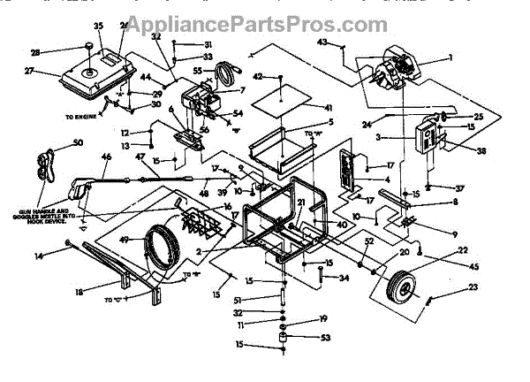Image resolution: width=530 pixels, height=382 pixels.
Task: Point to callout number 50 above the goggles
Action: click(x=78, y=142)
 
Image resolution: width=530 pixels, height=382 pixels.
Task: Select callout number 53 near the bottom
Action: click(x=325, y=337)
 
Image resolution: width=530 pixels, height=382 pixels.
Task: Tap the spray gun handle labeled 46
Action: click(x=85, y=186)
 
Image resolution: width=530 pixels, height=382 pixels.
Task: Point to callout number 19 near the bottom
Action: click(x=323, y=318)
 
